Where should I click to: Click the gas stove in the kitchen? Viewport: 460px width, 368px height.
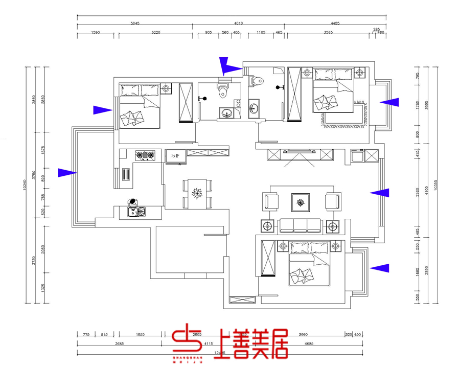145,155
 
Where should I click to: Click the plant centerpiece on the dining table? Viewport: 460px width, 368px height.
197,194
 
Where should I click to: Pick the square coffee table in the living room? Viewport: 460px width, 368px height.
300,202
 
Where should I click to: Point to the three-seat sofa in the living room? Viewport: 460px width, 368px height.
300,225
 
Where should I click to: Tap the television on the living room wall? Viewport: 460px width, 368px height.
300,152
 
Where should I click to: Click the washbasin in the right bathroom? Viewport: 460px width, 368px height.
254,108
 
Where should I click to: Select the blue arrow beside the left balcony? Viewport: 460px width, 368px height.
67,173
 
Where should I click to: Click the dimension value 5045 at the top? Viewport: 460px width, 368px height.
135,23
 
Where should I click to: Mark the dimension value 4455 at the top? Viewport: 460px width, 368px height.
335,23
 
